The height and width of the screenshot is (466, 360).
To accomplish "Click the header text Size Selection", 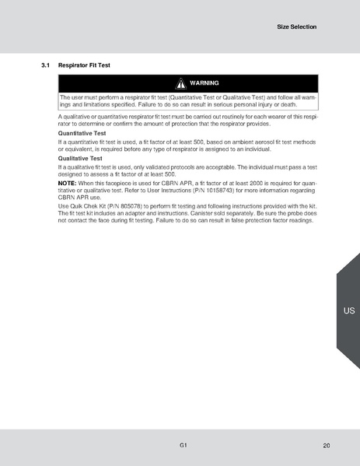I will (x=297, y=26).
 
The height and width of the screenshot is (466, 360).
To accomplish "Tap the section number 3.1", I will (x=46, y=65).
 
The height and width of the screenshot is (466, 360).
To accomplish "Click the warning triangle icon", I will (x=180, y=82).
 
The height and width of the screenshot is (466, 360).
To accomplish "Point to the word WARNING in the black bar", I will (x=204, y=82).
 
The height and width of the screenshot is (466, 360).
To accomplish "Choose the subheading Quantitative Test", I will (x=82, y=133).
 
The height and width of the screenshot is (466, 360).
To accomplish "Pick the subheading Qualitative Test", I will (x=80, y=158).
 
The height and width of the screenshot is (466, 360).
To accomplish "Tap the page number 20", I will (x=326, y=445).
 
